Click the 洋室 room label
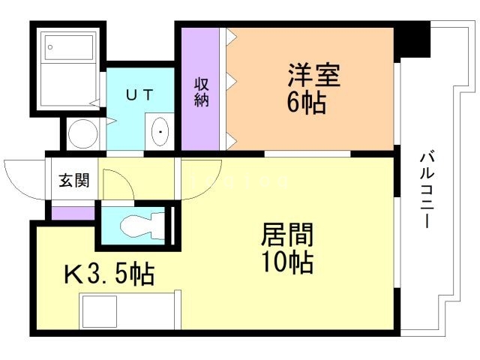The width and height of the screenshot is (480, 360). coord(314,76)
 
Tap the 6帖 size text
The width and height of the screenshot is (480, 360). coord(306,102)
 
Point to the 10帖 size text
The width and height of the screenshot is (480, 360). coord(286,263)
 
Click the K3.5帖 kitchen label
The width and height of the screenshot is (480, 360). coord(108,274)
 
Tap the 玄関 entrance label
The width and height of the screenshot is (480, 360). coord(74,181)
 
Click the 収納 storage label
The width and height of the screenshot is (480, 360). coord(201,91)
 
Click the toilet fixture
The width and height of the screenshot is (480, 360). coord(139,223)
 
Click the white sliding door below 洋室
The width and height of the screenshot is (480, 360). coord(307,154)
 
